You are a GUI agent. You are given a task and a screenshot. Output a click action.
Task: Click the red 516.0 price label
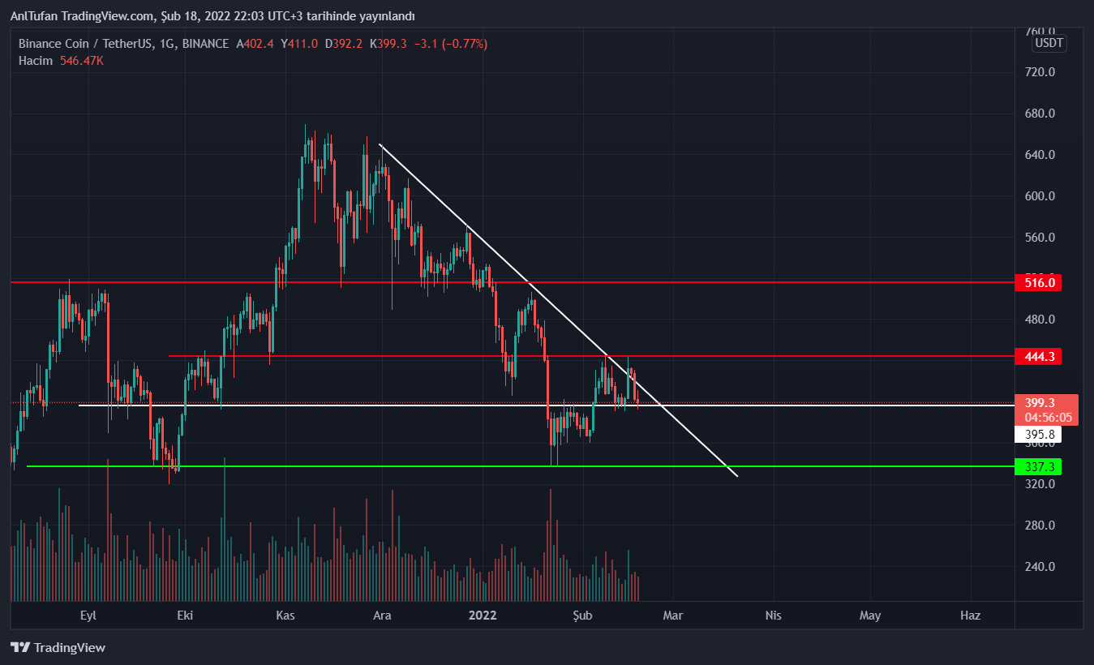1037,283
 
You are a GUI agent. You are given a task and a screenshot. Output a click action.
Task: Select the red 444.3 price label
1037,357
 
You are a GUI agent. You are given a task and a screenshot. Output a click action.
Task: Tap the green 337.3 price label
1037,467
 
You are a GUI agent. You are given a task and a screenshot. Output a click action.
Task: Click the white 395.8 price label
1037,435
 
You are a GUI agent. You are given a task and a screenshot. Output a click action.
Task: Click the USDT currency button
1049,43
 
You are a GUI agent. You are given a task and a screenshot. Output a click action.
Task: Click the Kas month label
285,616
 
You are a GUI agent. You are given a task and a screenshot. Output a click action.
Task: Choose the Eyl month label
88,616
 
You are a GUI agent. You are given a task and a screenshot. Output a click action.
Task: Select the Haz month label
970,616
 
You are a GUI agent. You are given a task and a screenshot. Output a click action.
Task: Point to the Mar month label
672,616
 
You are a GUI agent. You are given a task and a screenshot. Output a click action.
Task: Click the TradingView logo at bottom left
58,648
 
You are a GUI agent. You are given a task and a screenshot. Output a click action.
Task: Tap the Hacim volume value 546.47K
82,61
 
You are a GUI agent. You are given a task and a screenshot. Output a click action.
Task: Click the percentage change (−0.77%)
462,44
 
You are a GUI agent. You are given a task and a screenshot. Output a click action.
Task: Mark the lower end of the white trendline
737,476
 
